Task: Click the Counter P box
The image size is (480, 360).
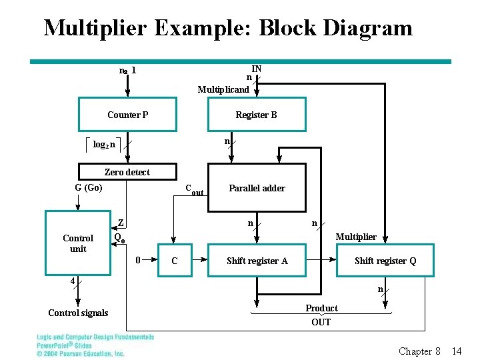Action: coord(127,115)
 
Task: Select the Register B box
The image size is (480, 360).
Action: coord(257,115)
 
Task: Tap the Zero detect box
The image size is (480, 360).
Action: coord(127,172)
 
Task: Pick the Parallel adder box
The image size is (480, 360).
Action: coord(257,188)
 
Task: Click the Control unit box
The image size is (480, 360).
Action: coord(78,243)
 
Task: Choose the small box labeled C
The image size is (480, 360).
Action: coord(175,261)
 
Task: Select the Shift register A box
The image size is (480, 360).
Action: coord(257,261)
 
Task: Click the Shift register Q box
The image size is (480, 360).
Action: coord(385,261)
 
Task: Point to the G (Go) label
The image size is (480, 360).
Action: coord(89,187)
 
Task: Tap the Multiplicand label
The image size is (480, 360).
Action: coord(223,89)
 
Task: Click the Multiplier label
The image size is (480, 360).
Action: coord(356,237)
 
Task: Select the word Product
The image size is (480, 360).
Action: coord(321,308)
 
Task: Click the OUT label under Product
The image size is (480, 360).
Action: coord(321,322)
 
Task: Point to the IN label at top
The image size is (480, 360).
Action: coord(256,69)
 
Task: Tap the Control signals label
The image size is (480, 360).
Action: coord(78,313)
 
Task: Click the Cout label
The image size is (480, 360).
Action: coord(193,190)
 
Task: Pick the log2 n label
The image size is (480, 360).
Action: coord(103,144)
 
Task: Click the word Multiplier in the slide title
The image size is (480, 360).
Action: coord(95,28)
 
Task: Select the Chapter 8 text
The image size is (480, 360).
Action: coord(419,351)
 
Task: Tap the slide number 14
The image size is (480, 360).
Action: coord(457,351)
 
